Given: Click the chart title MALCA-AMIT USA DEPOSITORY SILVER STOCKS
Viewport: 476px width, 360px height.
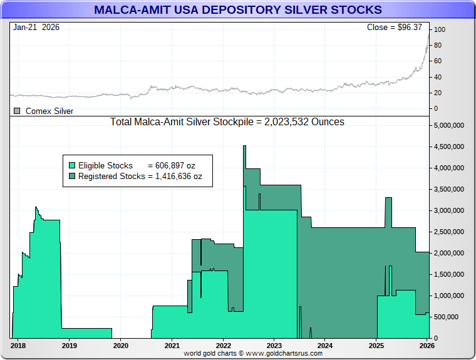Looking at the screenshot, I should (238, 10).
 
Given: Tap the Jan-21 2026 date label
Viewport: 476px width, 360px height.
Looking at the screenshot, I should (36, 28).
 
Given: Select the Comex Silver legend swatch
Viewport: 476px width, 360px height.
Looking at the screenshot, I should (17, 111).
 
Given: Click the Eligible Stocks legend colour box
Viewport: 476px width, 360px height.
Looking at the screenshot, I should (72, 166).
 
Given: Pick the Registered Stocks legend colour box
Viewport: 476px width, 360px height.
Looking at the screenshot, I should (72, 177).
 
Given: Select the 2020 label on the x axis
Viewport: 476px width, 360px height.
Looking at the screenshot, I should (120, 345).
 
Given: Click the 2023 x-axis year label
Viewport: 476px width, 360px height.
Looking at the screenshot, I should (274, 345).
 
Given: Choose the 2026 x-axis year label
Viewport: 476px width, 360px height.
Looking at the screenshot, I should (427, 345).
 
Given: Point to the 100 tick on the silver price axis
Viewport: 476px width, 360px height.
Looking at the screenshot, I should (440, 29).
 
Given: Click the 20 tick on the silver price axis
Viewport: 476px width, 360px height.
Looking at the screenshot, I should (438, 93).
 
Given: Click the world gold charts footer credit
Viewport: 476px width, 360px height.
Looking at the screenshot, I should (253, 354).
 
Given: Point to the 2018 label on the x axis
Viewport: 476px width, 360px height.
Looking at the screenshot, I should (18, 345).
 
